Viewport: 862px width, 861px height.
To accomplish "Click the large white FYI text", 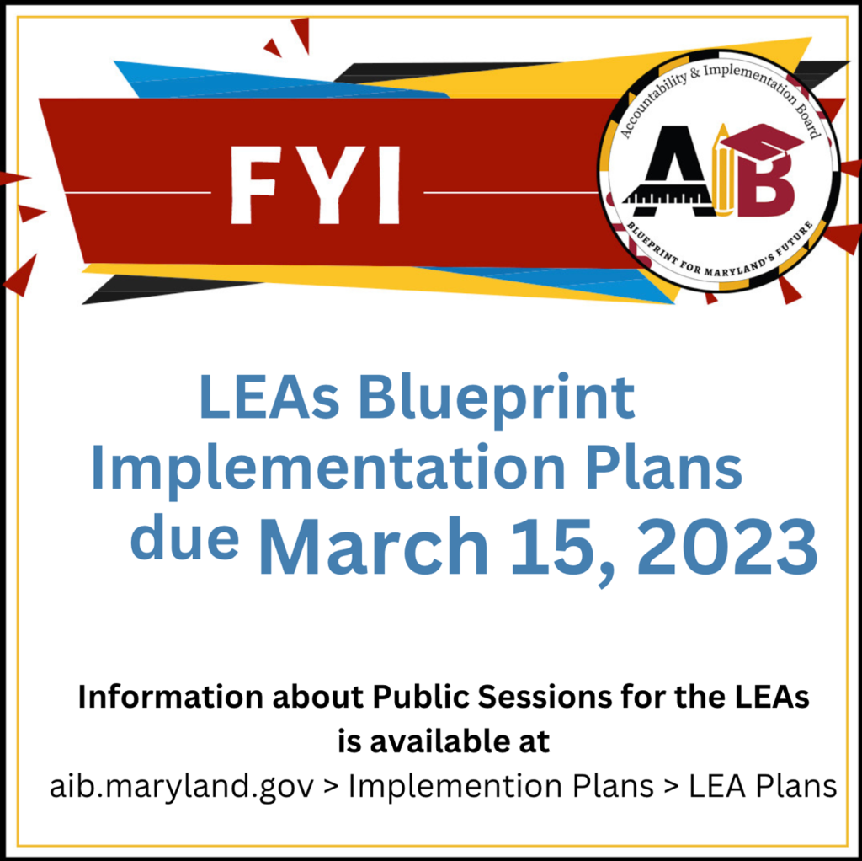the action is [316, 185].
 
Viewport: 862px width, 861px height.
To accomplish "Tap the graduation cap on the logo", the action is [762, 142].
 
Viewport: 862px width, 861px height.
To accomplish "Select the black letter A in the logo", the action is [668, 171].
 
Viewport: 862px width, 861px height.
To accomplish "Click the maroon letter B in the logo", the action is [766, 184].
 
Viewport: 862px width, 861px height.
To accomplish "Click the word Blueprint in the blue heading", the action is [497, 398].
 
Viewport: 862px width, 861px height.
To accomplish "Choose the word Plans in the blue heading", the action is [664, 467].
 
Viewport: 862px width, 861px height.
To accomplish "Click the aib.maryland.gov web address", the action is [182, 787].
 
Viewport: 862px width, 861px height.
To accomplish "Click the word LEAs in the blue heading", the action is [269, 398].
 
